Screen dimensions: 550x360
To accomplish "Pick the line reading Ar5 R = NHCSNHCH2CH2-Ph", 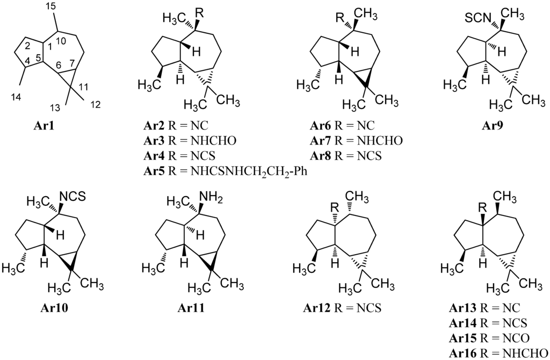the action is tap(225, 171).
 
